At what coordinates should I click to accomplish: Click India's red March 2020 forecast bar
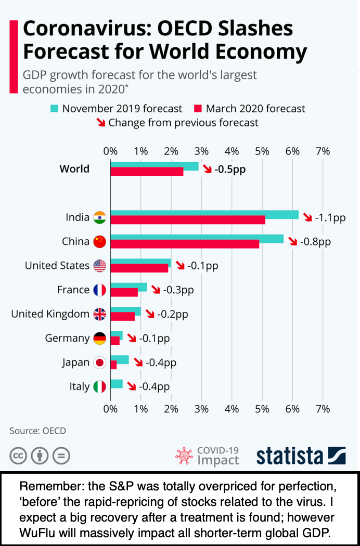point(187,220)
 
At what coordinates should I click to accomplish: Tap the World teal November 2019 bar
point(154,166)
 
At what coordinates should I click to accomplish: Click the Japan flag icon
point(99,362)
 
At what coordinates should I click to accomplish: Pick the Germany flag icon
point(99,339)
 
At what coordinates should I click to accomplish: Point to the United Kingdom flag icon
point(99,314)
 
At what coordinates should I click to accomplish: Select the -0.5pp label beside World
point(229,170)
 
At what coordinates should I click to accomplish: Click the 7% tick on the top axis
point(323,151)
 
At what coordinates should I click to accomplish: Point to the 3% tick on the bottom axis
point(201,409)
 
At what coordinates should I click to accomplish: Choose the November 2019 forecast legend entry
point(116,109)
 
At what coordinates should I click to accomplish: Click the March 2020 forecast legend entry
point(250,109)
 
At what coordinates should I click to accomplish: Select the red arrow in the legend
point(99,123)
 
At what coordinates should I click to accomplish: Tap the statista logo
point(301,456)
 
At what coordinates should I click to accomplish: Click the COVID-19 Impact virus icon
point(184,456)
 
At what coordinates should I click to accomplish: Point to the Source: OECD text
point(38,431)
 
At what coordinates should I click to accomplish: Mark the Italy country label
point(79,386)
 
